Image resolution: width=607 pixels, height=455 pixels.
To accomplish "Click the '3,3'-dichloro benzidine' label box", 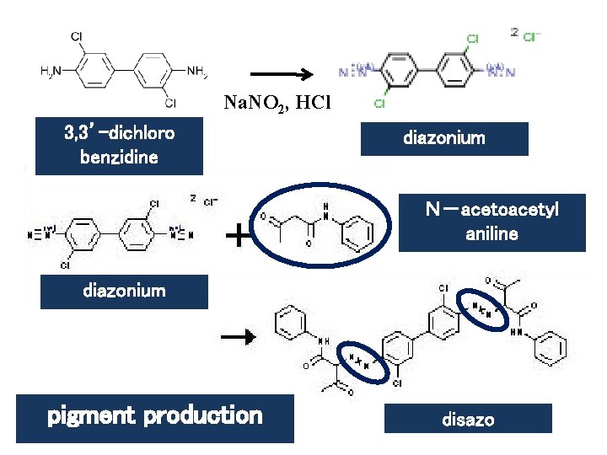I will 119,144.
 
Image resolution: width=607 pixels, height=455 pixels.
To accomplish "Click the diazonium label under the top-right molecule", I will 444,138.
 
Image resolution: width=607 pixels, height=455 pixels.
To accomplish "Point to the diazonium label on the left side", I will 124,292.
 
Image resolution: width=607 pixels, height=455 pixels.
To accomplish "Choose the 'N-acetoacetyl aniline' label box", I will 492,222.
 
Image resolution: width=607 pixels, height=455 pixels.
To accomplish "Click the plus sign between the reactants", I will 241,236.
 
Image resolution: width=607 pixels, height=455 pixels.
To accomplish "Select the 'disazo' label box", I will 468,419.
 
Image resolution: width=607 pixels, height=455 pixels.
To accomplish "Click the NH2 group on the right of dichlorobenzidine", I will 197,72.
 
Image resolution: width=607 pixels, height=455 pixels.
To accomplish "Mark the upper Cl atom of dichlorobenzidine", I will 77,38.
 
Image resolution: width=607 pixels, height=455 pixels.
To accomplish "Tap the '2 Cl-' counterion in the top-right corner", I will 526,35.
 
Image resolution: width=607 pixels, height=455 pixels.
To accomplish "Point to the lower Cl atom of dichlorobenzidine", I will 169,103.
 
